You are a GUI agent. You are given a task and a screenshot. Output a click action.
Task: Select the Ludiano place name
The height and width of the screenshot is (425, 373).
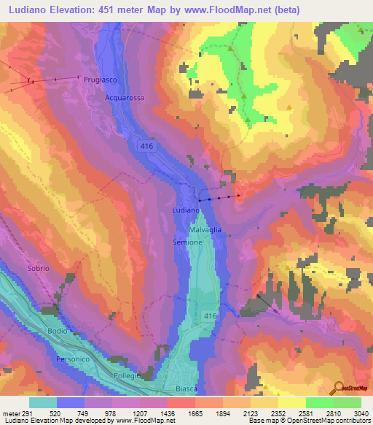(x=184, y=210)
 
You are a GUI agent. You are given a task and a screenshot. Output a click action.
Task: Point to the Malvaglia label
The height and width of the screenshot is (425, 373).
(x=205, y=228)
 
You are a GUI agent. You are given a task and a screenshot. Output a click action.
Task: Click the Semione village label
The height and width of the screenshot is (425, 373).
(x=188, y=242)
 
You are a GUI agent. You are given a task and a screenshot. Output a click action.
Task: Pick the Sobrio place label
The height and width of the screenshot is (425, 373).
(x=38, y=269)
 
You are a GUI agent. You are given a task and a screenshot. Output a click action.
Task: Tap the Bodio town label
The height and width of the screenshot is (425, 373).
(x=57, y=331)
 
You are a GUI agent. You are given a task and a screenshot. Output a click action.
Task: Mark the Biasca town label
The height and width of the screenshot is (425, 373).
(x=186, y=388)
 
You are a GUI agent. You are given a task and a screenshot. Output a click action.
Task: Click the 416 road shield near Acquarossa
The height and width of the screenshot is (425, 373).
(x=147, y=147)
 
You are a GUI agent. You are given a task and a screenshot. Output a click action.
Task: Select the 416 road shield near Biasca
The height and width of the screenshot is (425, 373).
(x=211, y=315)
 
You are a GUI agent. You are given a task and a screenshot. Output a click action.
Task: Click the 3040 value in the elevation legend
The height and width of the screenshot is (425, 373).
(x=360, y=413)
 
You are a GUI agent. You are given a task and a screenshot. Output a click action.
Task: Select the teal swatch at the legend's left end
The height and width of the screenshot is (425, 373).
(x=42, y=402)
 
